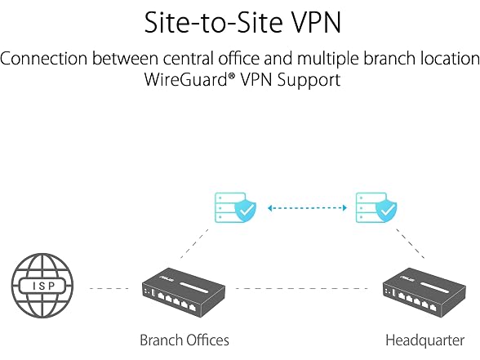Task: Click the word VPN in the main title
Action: click(316, 22)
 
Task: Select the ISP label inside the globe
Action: click(42, 286)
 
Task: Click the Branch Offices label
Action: click(184, 340)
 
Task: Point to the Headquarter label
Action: click(424, 340)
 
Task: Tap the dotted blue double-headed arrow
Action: click(307, 208)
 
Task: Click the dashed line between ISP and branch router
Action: click(109, 288)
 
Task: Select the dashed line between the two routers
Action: click(302, 288)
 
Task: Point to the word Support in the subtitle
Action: click(309, 80)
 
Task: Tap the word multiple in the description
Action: click(328, 59)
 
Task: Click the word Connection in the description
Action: click(44, 58)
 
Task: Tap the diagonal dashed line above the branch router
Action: click(194, 243)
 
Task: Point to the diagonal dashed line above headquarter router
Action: click(410, 243)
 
